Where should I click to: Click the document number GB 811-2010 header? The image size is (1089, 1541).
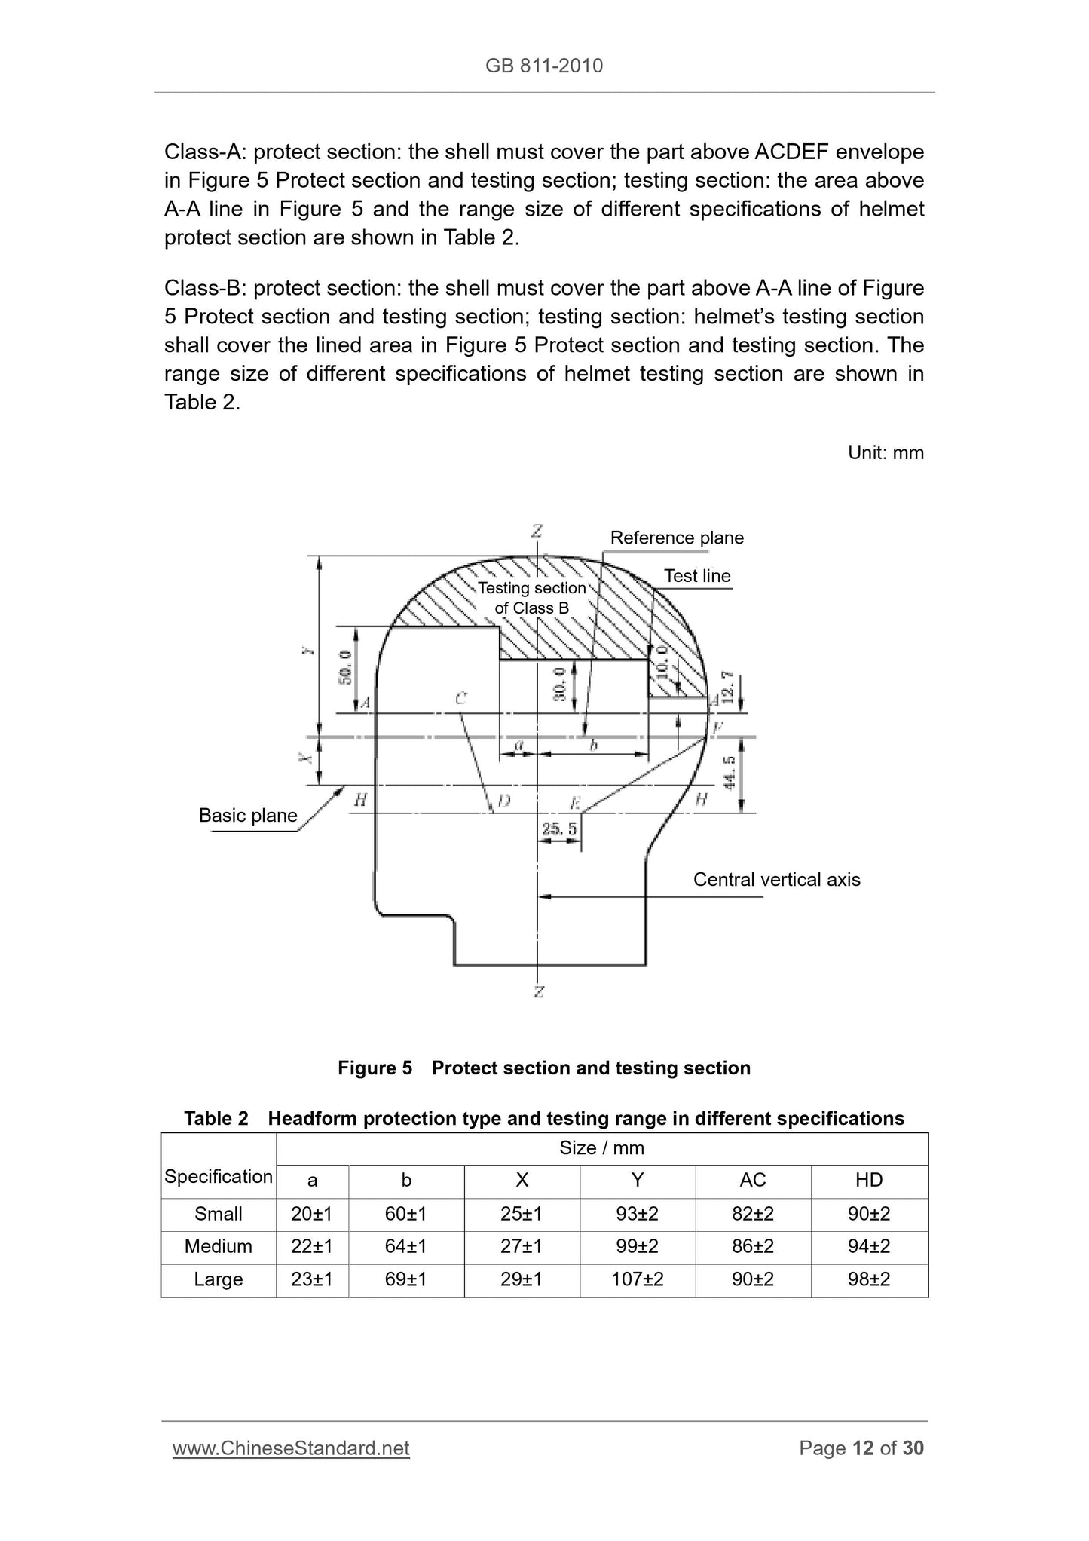coord(543,66)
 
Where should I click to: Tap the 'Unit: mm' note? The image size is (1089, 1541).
coord(885,452)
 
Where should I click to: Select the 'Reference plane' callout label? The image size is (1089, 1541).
coord(676,538)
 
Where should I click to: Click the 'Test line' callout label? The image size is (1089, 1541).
coord(696,576)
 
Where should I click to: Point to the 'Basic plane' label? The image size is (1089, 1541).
coord(248,815)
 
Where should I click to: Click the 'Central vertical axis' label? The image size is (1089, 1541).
coord(776,880)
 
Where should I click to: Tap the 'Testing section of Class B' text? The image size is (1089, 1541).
coord(532,598)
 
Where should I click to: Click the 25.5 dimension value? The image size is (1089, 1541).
coord(559,829)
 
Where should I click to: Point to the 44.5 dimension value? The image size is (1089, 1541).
coord(729,773)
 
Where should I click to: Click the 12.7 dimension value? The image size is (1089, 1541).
coord(727,686)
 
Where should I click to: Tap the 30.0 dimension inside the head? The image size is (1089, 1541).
coord(560,684)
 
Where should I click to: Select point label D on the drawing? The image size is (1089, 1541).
coord(503,801)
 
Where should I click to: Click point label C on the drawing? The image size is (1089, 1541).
coord(460,699)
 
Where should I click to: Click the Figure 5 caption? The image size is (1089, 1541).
coord(543,1068)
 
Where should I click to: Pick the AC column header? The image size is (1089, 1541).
coord(752,1181)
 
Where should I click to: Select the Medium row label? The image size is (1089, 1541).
coord(218,1246)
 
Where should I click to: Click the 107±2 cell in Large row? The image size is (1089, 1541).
coord(637,1279)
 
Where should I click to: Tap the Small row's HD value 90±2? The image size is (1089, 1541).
coord(868,1214)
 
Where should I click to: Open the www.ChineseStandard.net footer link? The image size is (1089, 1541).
coord(291,1448)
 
